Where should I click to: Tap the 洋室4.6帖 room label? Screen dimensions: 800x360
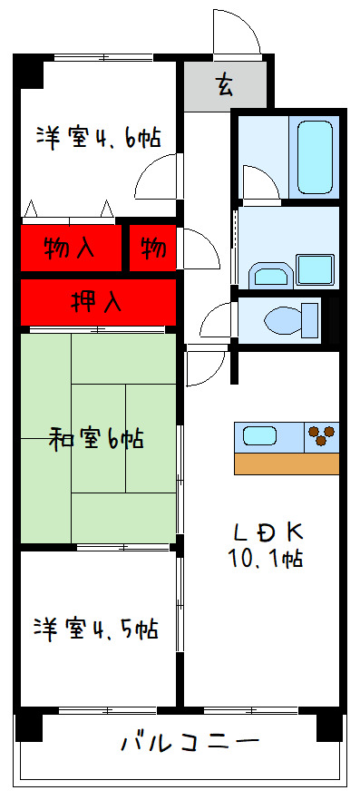pos(99,138)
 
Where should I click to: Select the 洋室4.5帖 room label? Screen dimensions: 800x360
pos(97,628)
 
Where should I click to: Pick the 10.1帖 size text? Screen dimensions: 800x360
pos(266,559)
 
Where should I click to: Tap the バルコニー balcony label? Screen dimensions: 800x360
pos(190,745)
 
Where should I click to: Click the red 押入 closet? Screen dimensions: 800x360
pos(97,302)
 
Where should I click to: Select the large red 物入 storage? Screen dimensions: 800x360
pos(71,247)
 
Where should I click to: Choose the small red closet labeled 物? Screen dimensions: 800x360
pos(152,247)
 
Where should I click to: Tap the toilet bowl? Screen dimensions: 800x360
pos(287,319)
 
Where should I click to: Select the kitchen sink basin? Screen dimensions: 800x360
pos(260,436)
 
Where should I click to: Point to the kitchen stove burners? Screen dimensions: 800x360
pos(320,436)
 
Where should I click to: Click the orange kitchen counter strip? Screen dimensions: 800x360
pos(286,463)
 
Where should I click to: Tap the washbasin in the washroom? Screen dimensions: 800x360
pos(268,274)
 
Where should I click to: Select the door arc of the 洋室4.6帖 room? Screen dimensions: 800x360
pos(154,178)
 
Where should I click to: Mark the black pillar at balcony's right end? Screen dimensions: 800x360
pos(330,727)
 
